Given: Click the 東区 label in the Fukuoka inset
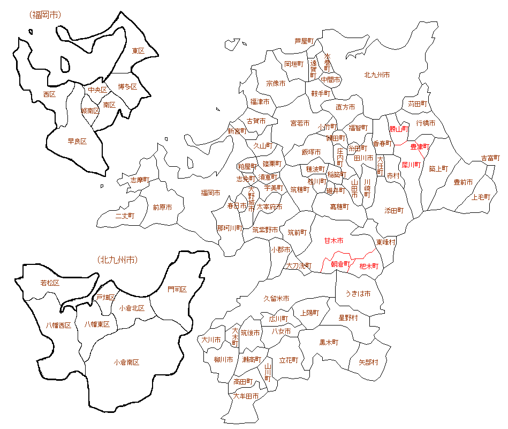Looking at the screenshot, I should pyautogui.click(x=138, y=51).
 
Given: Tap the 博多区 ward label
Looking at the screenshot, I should pyautogui.click(x=127, y=86).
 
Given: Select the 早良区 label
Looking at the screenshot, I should pyautogui.click(x=77, y=142).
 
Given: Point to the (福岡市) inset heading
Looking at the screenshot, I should pyautogui.click(x=46, y=14).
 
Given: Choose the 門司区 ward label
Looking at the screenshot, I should pyautogui.click(x=177, y=290).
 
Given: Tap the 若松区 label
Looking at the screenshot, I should pyautogui.click(x=50, y=283).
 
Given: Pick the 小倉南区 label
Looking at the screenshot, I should pyautogui.click(x=126, y=363).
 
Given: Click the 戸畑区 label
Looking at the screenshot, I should pyautogui.click(x=105, y=297).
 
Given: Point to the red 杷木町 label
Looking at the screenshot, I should pyautogui.click(x=369, y=265).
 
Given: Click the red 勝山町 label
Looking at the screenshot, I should pyautogui.click(x=399, y=129).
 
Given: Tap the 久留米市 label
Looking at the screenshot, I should pyautogui.click(x=276, y=298).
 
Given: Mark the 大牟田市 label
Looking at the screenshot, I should pyautogui.click(x=246, y=396).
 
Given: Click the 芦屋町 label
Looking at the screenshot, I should pyautogui.click(x=304, y=41).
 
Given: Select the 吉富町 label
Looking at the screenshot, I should pyautogui.click(x=490, y=158).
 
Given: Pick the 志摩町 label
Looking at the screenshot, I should pyautogui.click(x=140, y=180).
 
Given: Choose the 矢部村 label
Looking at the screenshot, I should pyautogui.click(x=368, y=362).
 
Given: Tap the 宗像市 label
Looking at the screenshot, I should pyautogui.click(x=276, y=84).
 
